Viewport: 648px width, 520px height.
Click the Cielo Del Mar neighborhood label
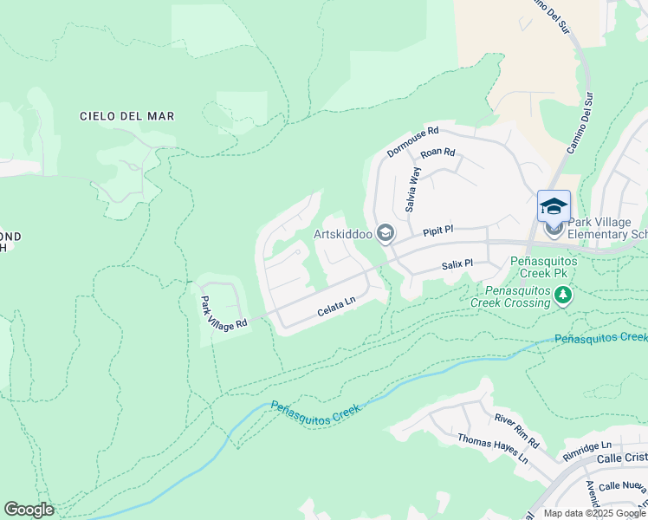tap(126, 115)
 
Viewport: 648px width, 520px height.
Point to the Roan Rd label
tap(437, 153)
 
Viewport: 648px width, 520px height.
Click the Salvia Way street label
tap(413, 190)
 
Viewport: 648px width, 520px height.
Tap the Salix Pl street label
tap(457, 263)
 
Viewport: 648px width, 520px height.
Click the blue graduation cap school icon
tap(554, 206)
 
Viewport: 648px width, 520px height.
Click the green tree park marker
tap(563, 296)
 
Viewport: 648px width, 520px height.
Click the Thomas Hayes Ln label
tap(492, 450)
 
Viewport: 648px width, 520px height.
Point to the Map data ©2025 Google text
tap(594, 513)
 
